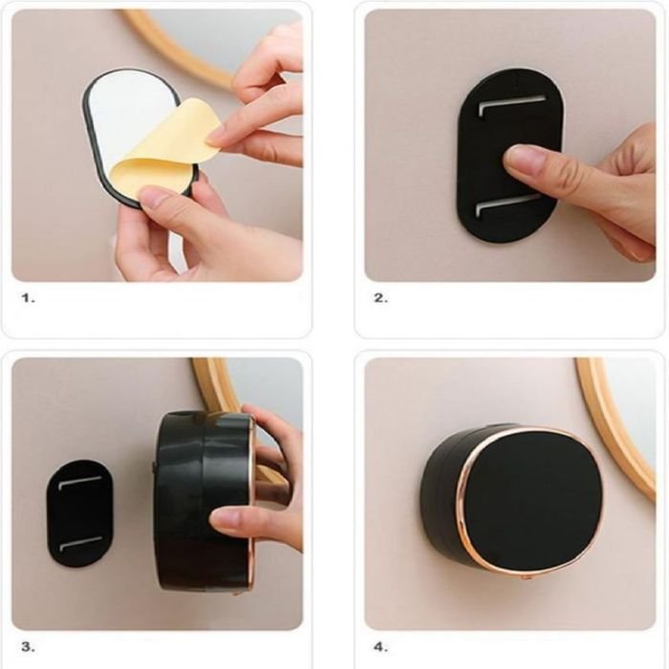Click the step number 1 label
[28, 298]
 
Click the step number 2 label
[381, 298]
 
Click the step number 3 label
[28, 647]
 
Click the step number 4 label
[381, 647]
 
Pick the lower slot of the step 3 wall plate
[79, 543]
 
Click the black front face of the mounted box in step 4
[532, 495]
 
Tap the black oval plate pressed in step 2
[509, 157]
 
